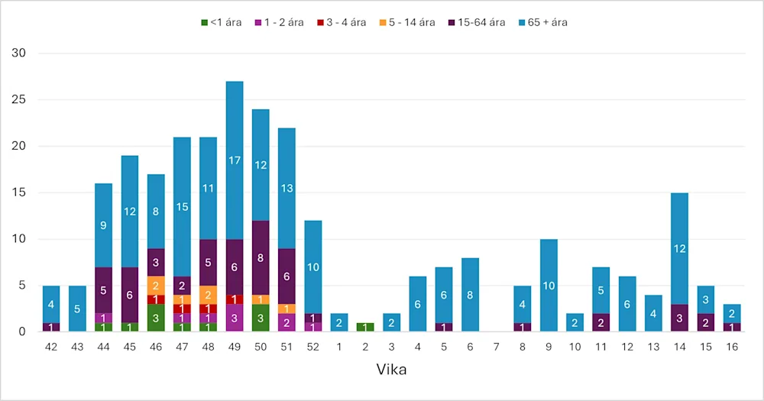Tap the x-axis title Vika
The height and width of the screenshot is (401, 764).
[391, 370]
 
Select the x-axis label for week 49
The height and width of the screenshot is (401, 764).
[235, 348]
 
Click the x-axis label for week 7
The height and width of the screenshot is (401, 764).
[497, 348]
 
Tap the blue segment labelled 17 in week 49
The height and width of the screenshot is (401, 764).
[235, 160]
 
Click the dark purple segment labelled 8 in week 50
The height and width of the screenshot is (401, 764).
[261, 257]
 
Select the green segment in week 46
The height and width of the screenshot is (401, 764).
[156, 318]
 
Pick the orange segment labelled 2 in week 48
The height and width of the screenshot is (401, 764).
[208, 295]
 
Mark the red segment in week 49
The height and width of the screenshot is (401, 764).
[235, 299]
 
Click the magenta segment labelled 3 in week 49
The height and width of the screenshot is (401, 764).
[235, 318]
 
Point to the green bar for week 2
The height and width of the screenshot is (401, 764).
[365, 327]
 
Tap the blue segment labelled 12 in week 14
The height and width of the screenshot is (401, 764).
[679, 247]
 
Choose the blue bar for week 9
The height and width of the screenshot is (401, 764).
[549, 285]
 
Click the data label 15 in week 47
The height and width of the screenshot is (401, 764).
[182, 207]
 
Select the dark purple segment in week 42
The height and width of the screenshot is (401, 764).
[51, 327]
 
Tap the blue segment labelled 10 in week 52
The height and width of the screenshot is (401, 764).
[312, 267]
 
